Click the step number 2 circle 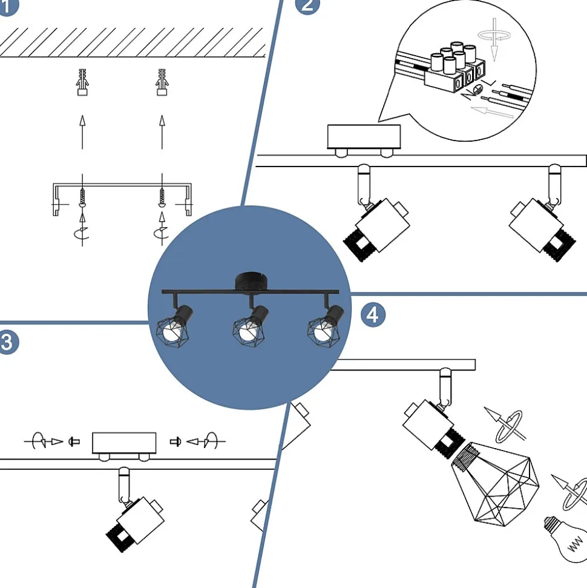coord(307,4)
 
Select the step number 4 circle coord(373,315)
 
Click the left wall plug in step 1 coord(83,82)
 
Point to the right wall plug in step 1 coord(162,82)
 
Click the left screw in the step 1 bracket coord(83,195)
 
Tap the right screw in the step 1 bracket coord(162,195)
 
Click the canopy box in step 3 coord(124,443)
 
